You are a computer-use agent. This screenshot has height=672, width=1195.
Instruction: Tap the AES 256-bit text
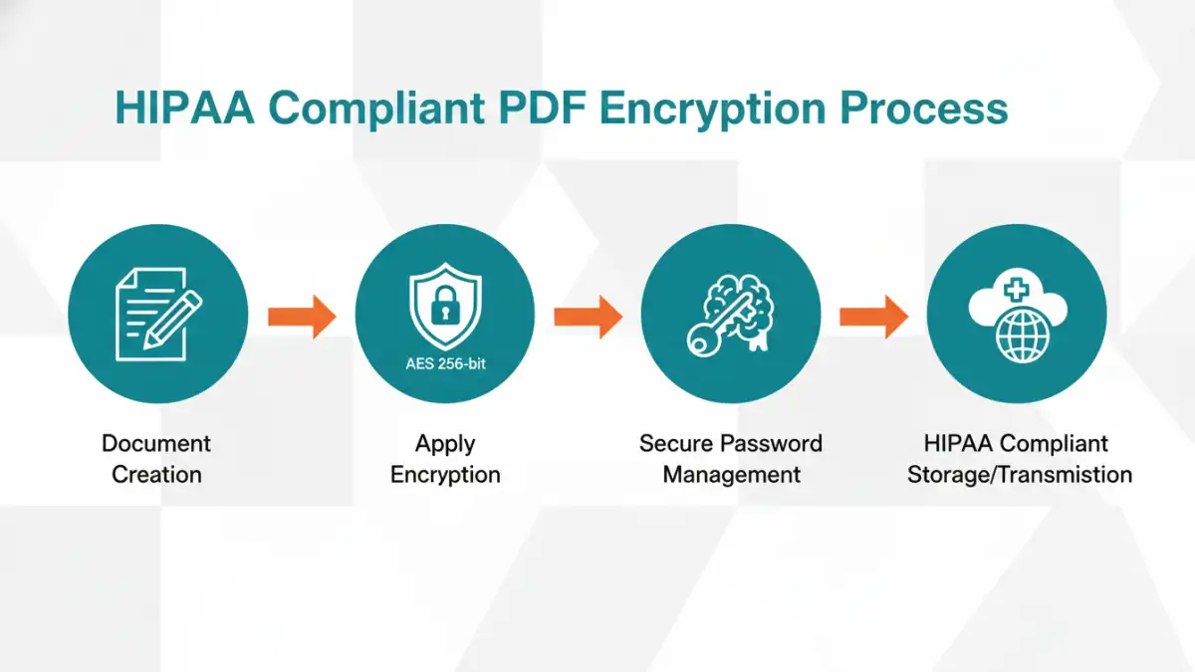[x=445, y=363]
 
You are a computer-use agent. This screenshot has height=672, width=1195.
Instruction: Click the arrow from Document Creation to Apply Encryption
[x=302, y=317]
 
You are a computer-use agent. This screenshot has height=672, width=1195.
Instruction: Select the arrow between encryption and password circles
[x=588, y=317]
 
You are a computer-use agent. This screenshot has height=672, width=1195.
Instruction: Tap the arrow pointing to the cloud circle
[x=873, y=317]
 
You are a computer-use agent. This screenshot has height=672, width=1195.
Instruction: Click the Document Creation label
[x=157, y=459]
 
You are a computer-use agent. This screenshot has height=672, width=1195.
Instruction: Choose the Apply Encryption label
[x=445, y=459]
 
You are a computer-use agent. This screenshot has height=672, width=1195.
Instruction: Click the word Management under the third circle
[x=732, y=475]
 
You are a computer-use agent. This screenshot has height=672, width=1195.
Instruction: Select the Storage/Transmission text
[x=1020, y=475]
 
